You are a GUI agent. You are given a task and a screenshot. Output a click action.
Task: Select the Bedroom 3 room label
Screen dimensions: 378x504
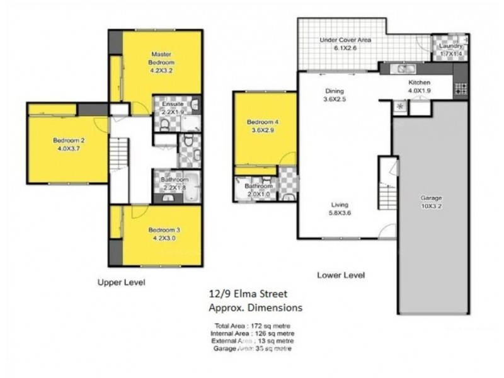coord(161,233)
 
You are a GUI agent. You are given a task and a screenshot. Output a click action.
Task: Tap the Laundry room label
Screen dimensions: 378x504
coord(450,47)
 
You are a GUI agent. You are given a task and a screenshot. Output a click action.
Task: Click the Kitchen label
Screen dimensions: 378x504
coord(419,86)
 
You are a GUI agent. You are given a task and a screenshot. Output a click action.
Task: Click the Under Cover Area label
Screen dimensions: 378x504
coord(345,43)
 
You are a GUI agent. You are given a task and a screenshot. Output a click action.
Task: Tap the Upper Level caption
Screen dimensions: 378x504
coord(121,283)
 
